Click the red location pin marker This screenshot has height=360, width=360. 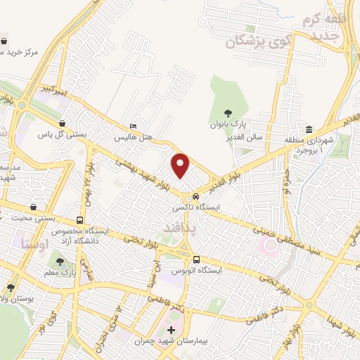[181, 165]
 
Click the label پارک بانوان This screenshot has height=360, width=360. [226, 124]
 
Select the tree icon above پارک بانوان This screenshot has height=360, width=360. [227, 112]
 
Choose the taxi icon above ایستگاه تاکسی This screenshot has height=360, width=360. [196, 197]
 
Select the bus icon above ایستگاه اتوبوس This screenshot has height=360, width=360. [196, 258]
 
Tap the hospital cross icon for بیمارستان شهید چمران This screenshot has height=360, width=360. [171, 329]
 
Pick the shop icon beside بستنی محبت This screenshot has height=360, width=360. [33, 207]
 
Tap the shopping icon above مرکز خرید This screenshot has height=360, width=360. [6, 41]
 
